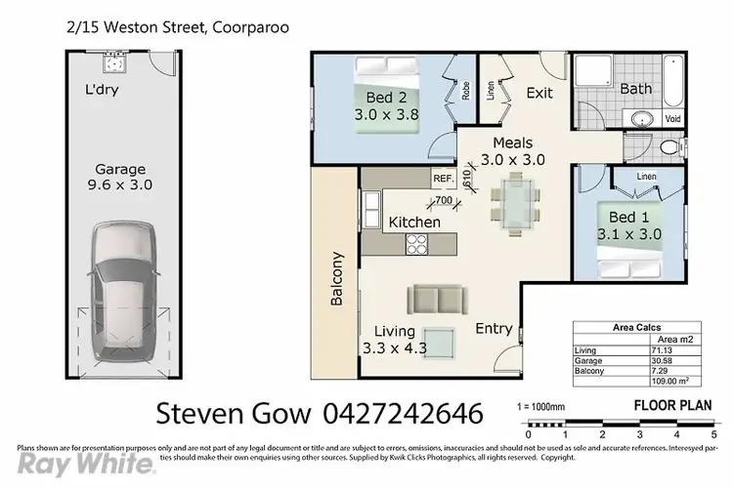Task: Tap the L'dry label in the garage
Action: pos(105,97)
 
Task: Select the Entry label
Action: pos(494,329)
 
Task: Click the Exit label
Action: pos(539,94)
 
